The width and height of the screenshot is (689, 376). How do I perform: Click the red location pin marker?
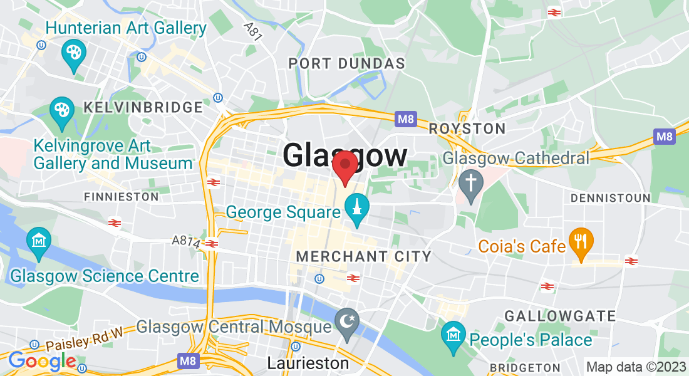pyautogui.click(x=344, y=165)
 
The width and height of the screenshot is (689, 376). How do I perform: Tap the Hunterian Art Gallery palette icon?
pyautogui.click(x=73, y=55)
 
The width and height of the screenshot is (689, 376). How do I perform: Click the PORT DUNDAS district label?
pyautogui.click(x=346, y=64)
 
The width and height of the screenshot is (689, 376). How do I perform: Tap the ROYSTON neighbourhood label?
pyautogui.click(x=467, y=129)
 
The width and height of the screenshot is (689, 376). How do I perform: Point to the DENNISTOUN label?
pyautogui.click(x=610, y=198)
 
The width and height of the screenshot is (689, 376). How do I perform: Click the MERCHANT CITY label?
pyautogui.click(x=363, y=256)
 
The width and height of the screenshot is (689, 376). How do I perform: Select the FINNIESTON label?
pyautogui.click(x=122, y=197)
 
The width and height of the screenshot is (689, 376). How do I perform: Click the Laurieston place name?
pyautogui.click(x=308, y=363)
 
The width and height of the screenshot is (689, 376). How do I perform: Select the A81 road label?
pyautogui.click(x=253, y=31)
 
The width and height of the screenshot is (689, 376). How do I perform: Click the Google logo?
pyautogui.click(x=42, y=361)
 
